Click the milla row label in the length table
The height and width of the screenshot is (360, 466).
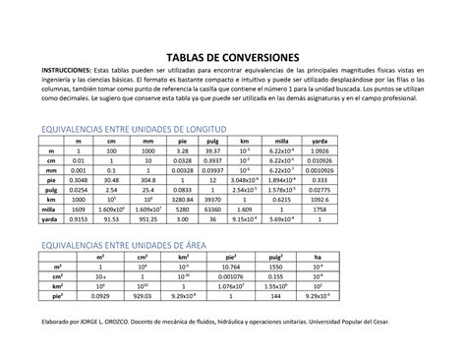50,210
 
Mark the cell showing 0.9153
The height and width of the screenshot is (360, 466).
81,221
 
